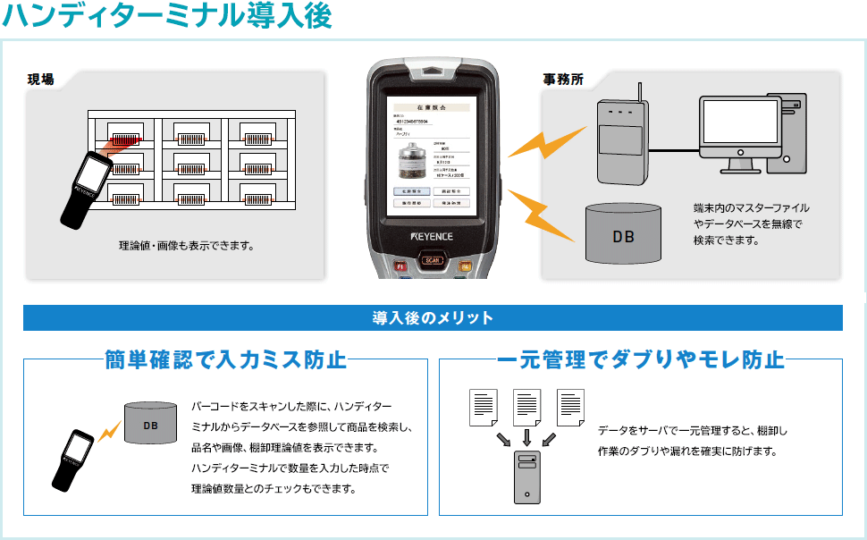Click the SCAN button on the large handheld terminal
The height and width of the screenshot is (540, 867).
[x=433, y=261]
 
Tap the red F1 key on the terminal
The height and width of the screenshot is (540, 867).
[x=401, y=266]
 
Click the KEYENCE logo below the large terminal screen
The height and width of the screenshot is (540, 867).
[x=433, y=237]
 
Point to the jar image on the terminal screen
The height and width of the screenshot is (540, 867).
[x=412, y=162]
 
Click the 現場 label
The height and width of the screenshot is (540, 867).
[x=41, y=80]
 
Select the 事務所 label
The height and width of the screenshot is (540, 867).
[x=563, y=80]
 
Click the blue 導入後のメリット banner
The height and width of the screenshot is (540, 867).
[x=433, y=317]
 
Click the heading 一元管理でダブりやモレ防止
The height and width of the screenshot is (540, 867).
[x=640, y=360]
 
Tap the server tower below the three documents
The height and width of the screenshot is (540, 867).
[x=527, y=477]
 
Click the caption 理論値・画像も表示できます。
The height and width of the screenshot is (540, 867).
[x=187, y=245]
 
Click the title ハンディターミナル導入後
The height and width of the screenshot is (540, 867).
[x=167, y=16]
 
